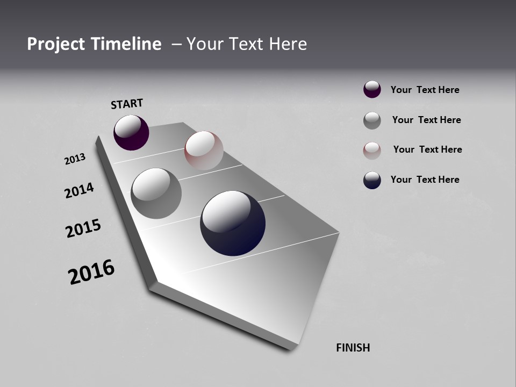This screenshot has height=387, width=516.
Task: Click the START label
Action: click(127, 103)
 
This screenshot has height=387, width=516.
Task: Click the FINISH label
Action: click(353, 348)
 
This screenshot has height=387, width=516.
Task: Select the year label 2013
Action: click(75, 159)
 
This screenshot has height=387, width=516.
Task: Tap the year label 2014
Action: click(79, 190)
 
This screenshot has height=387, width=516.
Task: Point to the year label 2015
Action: click(83, 228)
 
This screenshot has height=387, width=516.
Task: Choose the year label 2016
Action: click(91, 272)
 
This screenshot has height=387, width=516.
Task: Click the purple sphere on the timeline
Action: click(131, 132)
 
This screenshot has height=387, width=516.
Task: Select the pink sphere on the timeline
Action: click(204, 150)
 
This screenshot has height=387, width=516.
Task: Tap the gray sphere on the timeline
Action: click(156, 193)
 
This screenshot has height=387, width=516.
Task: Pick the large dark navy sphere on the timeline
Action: click(233, 223)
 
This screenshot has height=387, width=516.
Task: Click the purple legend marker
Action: click(372, 89)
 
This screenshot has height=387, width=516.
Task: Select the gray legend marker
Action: click(372, 120)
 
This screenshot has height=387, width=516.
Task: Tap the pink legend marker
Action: click(372, 150)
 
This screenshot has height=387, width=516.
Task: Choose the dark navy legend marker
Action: click(372, 180)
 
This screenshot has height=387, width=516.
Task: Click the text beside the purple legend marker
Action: click(425, 90)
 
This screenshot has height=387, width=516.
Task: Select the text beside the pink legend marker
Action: click(427, 149)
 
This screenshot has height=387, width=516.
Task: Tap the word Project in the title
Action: click(56, 44)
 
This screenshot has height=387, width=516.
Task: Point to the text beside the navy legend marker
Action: click(425, 180)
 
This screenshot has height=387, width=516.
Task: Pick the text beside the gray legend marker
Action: click(426, 120)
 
